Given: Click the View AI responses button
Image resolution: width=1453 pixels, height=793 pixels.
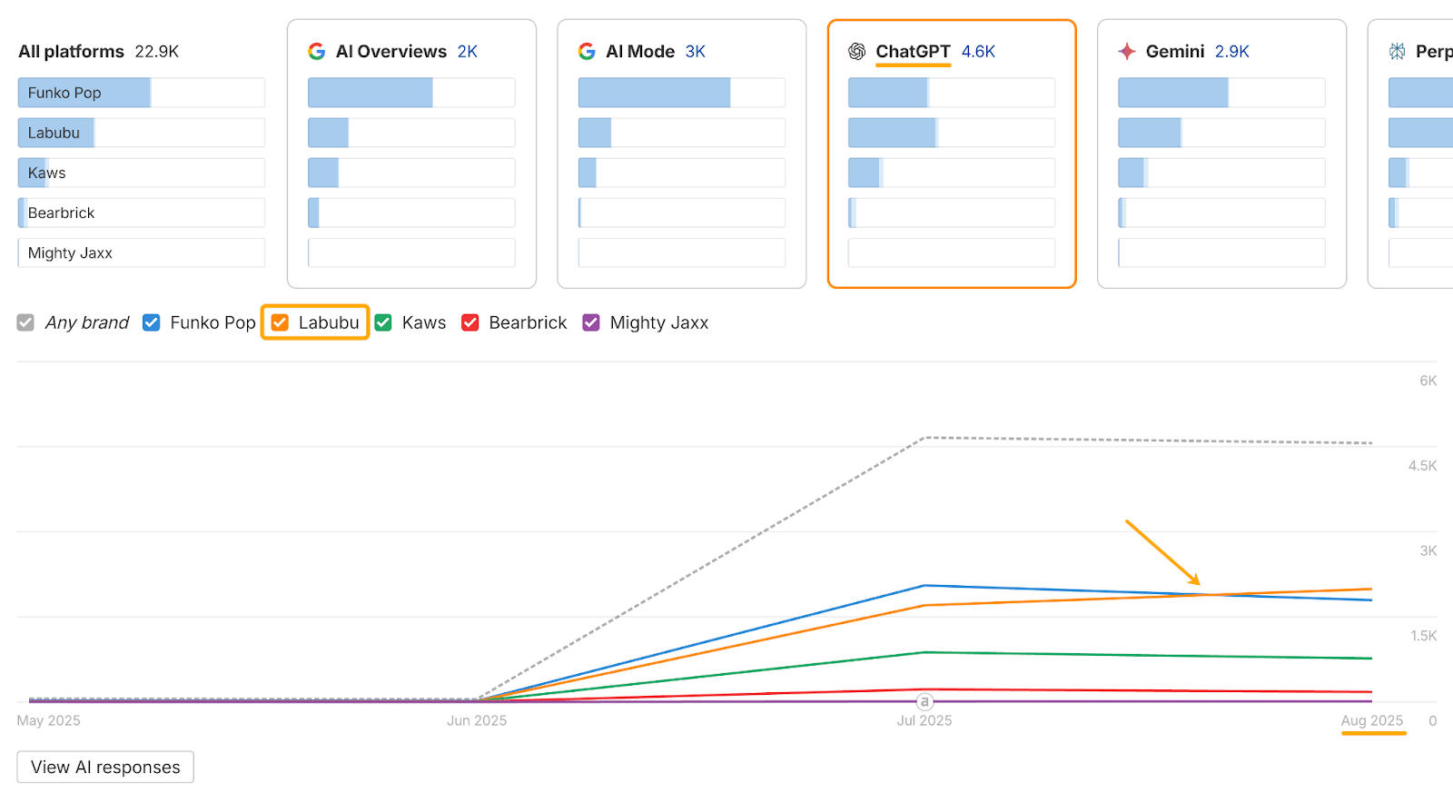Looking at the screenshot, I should [x=105, y=767].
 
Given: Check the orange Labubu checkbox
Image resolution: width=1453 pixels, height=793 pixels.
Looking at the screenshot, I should [x=281, y=322].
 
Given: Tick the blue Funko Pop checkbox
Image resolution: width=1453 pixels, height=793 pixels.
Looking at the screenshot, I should [x=152, y=322].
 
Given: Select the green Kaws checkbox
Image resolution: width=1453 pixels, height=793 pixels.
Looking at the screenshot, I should [x=383, y=322].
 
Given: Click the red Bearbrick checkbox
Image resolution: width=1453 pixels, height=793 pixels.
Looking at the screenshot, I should [x=470, y=322].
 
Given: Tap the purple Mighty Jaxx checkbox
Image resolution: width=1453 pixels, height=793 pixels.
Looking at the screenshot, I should [x=591, y=322].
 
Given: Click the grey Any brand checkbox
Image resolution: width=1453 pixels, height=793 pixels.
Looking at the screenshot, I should [x=25, y=322].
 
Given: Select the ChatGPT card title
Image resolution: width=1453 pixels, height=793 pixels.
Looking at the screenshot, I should [x=913, y=52].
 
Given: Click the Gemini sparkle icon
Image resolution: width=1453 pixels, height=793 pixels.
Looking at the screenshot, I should [x=1127, y=52].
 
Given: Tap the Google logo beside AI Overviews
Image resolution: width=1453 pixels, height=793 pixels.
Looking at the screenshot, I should [x=317, y=52].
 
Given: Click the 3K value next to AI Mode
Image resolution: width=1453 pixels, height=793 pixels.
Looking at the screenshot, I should [x=696, y=52].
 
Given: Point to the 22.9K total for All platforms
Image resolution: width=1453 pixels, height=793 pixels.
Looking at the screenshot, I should [x=156, y=52].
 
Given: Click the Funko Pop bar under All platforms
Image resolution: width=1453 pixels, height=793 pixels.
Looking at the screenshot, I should [x=84, y=93].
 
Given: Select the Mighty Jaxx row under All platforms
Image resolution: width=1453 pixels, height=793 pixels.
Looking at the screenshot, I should [x=141, y=253].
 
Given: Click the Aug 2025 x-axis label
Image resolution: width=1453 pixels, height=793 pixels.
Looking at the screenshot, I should [x=1372, y=720].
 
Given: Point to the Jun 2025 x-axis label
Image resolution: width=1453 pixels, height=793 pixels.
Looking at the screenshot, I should [x=477, y=720].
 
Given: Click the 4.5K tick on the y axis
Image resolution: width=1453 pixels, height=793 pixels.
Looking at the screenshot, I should [x=1422, y=466].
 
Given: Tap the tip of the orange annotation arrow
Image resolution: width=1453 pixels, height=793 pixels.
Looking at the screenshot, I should [x=1200, y=584].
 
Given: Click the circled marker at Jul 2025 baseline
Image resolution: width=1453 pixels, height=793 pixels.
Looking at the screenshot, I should [x=924, y=701].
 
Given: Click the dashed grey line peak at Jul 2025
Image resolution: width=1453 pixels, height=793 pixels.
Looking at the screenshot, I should [x=924, y=438].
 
